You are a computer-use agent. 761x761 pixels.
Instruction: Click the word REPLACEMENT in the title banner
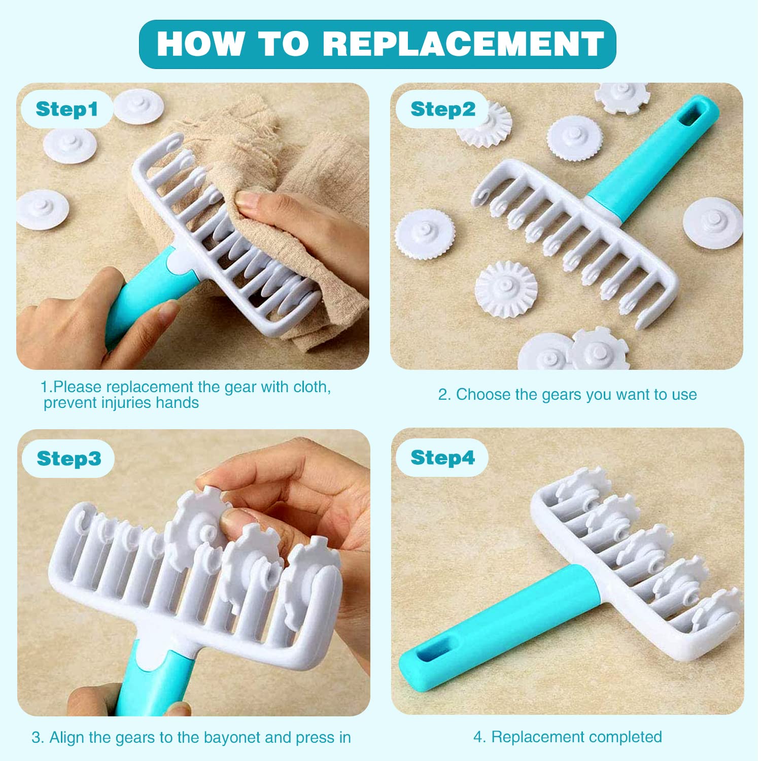(x=463, y=44)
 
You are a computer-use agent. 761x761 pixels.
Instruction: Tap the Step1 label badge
(x=66, y=109)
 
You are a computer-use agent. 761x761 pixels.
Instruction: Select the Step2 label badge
(x=442, y=109)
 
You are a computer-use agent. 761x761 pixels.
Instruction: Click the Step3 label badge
(x=68, y=459)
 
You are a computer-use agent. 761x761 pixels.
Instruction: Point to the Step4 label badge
(x=442, y=458)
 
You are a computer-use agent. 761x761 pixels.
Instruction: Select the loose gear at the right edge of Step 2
(x=713, y=223)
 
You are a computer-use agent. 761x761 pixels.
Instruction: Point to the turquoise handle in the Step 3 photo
(x=152, y=680)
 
